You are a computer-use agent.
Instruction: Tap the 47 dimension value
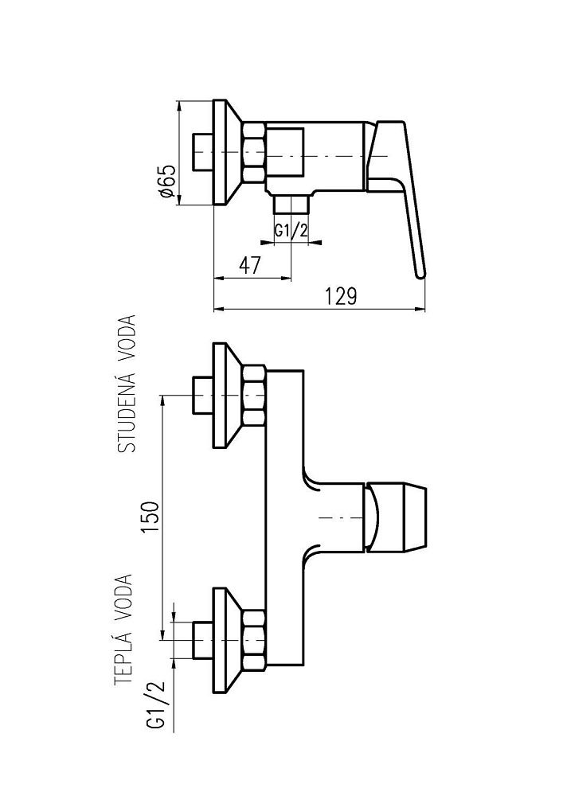(251, 266)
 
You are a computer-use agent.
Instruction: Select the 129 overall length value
(341, 296)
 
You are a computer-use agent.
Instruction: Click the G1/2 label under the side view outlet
(291, 230)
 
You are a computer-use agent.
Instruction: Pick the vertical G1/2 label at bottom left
(156, 706)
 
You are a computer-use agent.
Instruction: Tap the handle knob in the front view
(398, 517)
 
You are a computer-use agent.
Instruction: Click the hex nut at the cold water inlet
(254, 394)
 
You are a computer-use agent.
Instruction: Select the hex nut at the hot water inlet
(254, 638)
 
